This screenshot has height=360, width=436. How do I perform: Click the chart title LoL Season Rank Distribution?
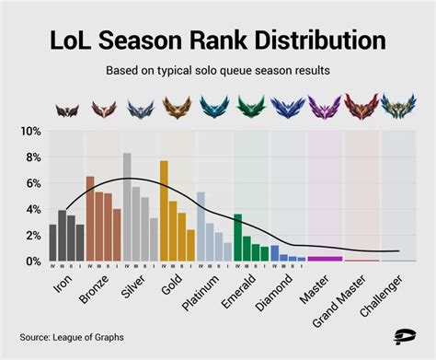[x=217, y=41]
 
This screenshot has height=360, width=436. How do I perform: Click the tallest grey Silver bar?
[x=127, y=207]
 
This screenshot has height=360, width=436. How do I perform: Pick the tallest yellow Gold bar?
[x=164, y=212]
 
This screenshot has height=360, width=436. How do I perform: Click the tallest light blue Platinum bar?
[x=201, y=226]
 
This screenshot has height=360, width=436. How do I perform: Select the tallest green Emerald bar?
[x=237, y=238]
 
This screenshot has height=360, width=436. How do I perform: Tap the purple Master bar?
[x=325, y=259]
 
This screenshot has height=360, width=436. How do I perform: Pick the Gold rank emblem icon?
[x=177, y=108]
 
